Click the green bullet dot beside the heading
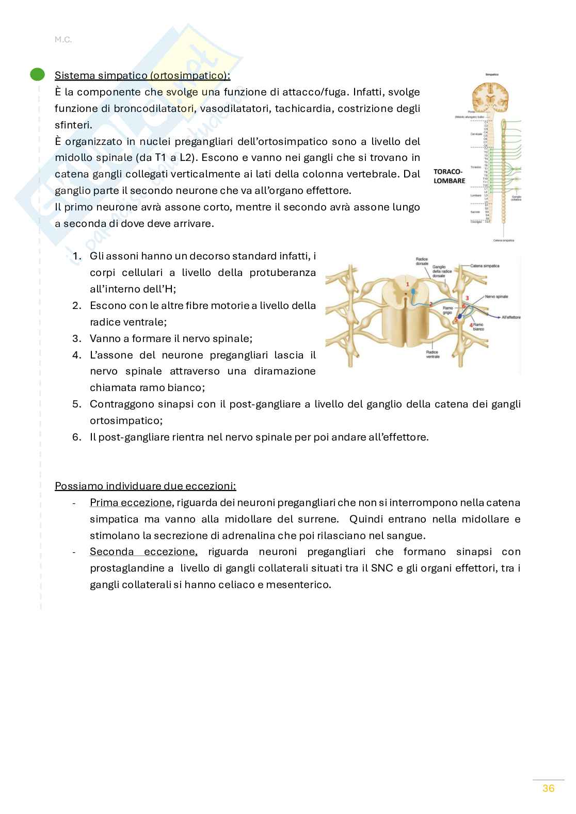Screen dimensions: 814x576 tap(37, 75)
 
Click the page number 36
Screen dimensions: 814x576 tap(548, 788)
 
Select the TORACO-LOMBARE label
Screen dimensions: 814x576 tap(449, 175)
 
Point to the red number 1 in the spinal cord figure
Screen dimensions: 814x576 tap(407, 284)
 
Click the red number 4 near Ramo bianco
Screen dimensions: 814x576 tap(471, 325)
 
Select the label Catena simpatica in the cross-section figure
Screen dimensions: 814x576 tap(485, 266)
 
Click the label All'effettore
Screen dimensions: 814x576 tap(511, 317)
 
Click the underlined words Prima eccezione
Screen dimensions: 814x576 tap(130, 502)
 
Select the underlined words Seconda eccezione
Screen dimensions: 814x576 tap(143, 552)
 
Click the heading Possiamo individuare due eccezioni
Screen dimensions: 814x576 tap(145, 486)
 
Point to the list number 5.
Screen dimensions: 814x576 tap(76, 404)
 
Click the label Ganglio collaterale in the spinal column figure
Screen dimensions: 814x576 tap(516, 198)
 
